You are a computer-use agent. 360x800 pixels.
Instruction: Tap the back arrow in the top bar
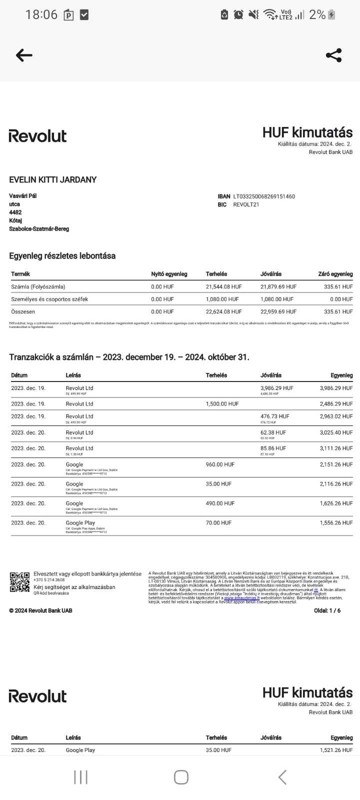point(24,55)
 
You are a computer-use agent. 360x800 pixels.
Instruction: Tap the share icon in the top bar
point(333,55)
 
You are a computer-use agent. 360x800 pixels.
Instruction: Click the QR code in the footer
point(20,582)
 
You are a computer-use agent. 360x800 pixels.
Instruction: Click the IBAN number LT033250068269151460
point(264,196)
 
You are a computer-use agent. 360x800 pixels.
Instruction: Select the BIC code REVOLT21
point(246,204)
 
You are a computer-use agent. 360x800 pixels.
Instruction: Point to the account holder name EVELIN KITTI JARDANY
point(53,180)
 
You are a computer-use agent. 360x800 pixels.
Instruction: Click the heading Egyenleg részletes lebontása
point(62,256)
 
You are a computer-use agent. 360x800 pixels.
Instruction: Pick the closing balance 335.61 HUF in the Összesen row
point(338,311)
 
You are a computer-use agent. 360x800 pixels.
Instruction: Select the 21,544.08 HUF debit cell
point(223,287)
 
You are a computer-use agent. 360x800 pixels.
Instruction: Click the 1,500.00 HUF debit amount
point(222,404)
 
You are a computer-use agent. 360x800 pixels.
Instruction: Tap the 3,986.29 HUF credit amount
point(276,388)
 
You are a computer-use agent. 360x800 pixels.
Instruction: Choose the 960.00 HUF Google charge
point(220,464)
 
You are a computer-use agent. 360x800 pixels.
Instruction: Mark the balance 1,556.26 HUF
point(336,523)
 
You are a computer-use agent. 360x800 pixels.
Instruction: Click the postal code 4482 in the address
point(15,212)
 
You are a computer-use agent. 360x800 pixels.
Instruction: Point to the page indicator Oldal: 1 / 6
point(327,610)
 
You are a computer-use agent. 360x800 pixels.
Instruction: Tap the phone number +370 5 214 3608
point(49,580)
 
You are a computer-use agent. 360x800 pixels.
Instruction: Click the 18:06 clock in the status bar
point(41,14)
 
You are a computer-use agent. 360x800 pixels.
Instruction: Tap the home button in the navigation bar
point(181,777)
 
